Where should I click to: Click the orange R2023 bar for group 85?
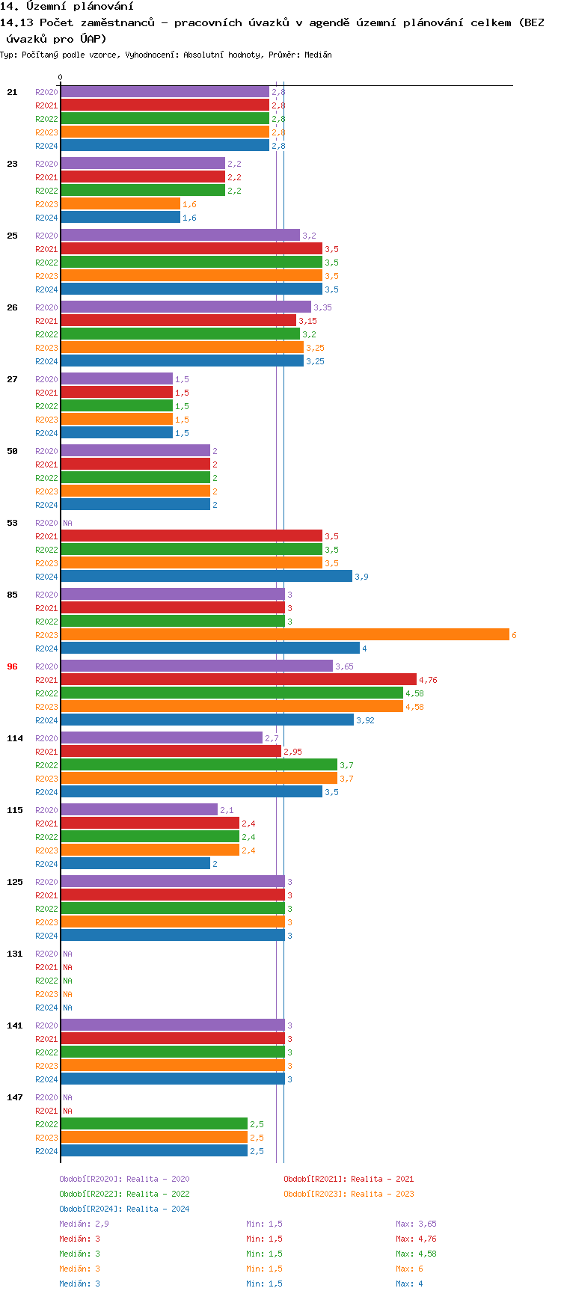(x=284, y=635)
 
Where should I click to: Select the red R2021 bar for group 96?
(x=238, y=680)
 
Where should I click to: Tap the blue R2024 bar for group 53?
(x=206, y=577)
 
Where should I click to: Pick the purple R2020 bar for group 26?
(x=186, y=307)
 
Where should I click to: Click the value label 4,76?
(x=428, y=680)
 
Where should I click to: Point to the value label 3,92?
(x=365, y=720)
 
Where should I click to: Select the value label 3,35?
(x=322, y=307)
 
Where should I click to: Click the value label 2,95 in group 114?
(x=292, y=752)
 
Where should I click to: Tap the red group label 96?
(x=12, y=666)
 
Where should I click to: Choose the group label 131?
(x=15, y=954)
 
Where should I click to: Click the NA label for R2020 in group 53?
(x=67, y=523)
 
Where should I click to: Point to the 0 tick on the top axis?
(x=61, y=77)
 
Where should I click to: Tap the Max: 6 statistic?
(x=409, y=1269)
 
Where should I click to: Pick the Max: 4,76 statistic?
(x=416, y=1239)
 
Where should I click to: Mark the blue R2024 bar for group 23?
(x=120, y=218)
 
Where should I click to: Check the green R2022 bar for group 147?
(x=153, y=1124)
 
